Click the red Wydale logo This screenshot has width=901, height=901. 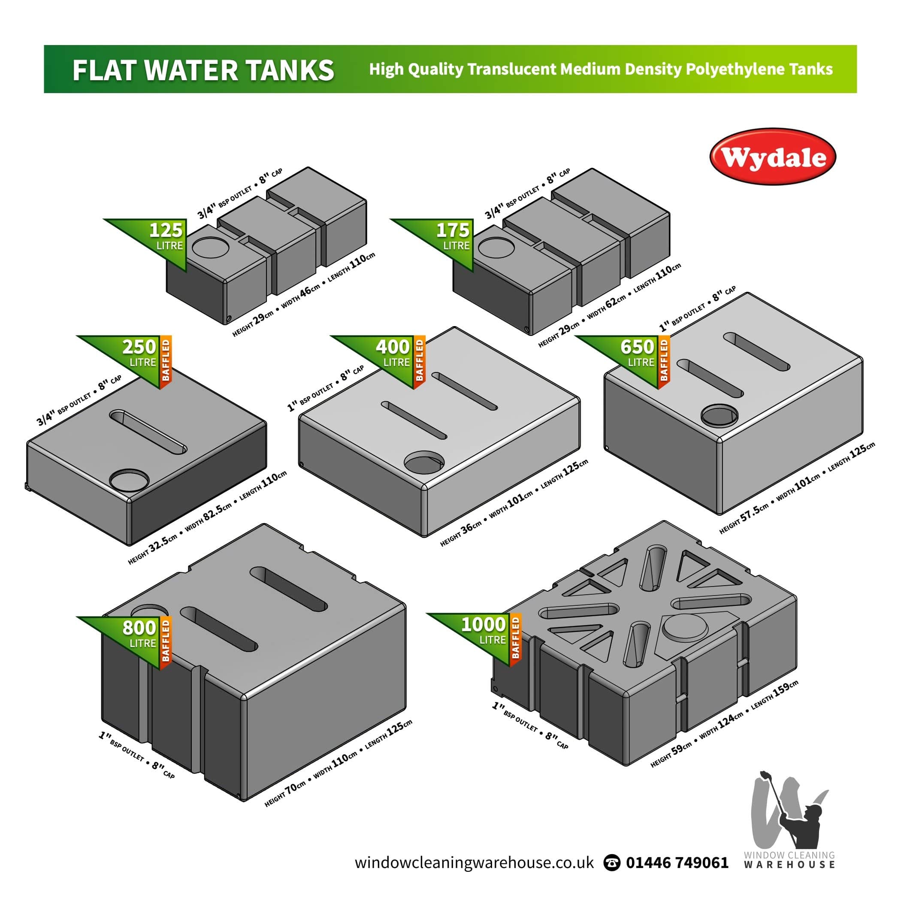point(772,157)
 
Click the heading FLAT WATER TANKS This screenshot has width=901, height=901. point(203,70)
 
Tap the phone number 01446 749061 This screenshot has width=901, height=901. point(677,862)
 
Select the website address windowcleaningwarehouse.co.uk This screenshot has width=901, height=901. point(474,862)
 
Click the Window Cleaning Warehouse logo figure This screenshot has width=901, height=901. point(788,812)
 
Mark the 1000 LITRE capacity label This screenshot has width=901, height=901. point(483,631)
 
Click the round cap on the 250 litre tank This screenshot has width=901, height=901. point(129,480)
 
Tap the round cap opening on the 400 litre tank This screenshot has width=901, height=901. point(424,461)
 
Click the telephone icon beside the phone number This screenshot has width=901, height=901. point(612,863)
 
